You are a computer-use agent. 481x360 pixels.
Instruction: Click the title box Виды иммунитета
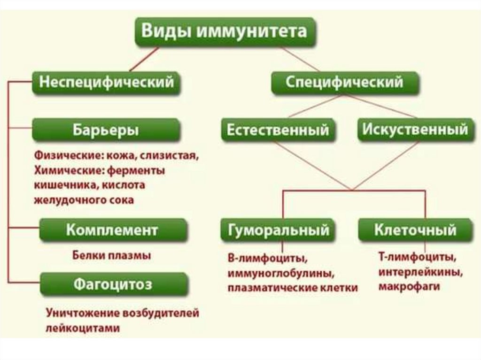pyautogui.click(x=225, y=32)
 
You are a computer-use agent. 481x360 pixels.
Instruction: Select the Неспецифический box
pyautogui.click(x=106, y=82)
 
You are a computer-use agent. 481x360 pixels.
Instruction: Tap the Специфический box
pyautogui.click(x=345, y=82)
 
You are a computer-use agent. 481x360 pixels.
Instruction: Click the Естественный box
pyautogui.click(x=278, y=130)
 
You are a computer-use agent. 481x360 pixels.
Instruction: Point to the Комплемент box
pyautogui.click(x=112, y=230)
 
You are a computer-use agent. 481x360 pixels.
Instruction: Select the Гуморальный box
pyautogui.click(x=278, y=230)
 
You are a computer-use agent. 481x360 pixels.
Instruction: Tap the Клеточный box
pyautogui.click(x=415, y=230)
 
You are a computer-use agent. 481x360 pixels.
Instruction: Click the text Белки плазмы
pyautogui.click(x=112, y=256)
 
